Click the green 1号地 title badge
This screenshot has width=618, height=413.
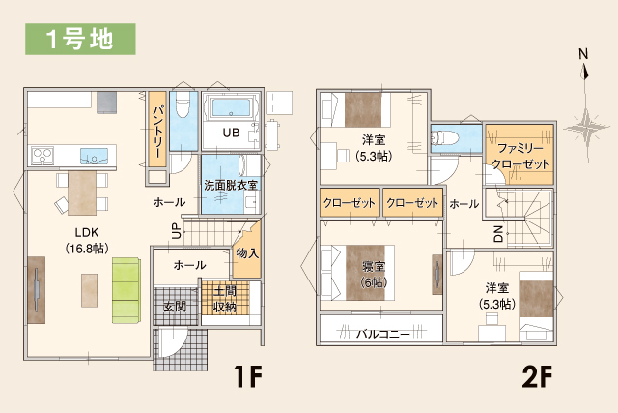80,39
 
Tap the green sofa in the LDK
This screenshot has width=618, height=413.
126,290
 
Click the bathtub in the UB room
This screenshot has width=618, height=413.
231,107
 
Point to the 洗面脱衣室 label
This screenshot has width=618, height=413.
231,185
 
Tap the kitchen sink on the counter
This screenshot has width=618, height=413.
95,156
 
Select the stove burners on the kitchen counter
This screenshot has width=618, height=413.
42,155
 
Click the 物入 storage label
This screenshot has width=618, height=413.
247,253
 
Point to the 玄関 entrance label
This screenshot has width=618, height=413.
175,307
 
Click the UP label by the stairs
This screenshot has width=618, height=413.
177,230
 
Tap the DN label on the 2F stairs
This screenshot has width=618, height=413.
498,234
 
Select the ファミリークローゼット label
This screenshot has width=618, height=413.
520,156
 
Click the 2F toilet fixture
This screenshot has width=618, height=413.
445,138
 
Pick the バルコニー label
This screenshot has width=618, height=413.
383,334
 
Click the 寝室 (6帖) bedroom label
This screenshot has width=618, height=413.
374,275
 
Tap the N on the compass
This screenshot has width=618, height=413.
583,54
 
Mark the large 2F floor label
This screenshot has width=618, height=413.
537,376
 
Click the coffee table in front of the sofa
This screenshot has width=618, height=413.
90,290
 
